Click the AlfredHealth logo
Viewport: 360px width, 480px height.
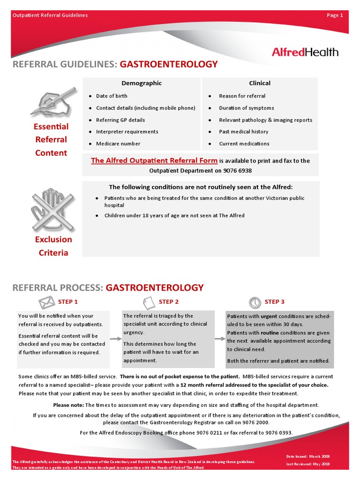pyautogui.click(x=305, y=52)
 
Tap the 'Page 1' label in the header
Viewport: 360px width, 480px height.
pyautogui.click(x=335, y=15)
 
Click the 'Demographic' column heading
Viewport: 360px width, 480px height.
pyautogui.click(x=142, y=83)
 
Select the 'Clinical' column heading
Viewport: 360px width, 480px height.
pyautogui.click(x=260, y=83)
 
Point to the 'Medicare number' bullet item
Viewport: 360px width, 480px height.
pyautogui.click(x=118, y=143)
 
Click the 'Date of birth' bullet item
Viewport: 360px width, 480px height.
pyautogui.click(x=112, y=96)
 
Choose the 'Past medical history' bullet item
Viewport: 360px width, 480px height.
pyautogui.click(x=244, y=132)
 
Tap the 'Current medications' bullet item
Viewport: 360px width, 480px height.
pyautogui.click(x=244, y=143)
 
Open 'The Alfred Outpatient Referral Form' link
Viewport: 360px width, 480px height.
pyautogui.click(x=154, y=160)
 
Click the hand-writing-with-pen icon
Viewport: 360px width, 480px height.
pyautogui.click(x=52, y=102)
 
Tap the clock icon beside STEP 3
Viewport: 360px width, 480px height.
pyautogui.click(x=255, y=301)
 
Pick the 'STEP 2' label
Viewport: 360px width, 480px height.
pyautogui.click(x=169, y=302)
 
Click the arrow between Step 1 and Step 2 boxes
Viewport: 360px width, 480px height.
pyautogui.click(x=115, y=338)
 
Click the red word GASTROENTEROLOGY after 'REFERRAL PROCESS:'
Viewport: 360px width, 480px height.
pyautogui.click(x=155, y=287)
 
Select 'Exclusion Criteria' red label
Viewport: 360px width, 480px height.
pyautogui.click(x=53, y=246)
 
